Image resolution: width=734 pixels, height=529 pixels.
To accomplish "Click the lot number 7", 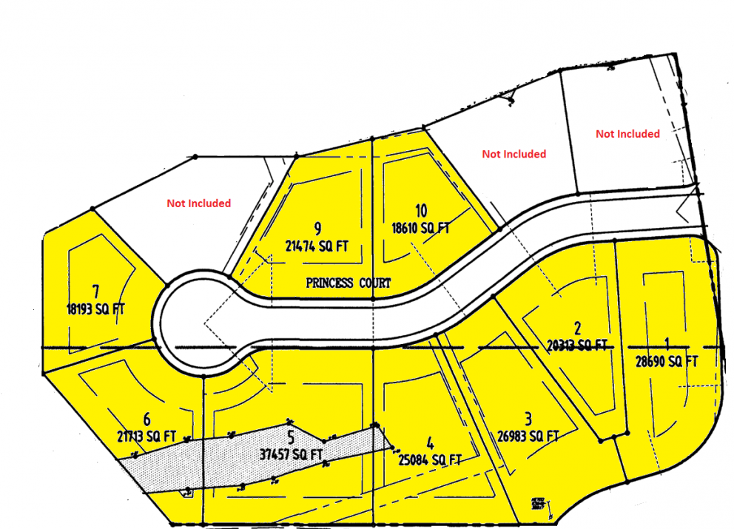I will click(x=95, y=289).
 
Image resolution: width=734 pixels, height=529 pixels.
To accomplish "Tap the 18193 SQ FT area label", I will click(x=95, y=309).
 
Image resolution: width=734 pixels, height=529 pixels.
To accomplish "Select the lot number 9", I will click(x=317, y=226).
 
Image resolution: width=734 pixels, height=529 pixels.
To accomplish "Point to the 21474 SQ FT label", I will click(x=317, y=245).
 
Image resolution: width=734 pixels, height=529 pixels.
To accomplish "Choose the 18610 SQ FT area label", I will click(x=420, y=229).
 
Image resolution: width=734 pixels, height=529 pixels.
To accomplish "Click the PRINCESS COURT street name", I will click(x=349, y=283).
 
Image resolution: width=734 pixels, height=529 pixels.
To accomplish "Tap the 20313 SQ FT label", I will click(x=577, y=345).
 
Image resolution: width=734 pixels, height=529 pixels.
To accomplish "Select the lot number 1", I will click(x=667, y=343).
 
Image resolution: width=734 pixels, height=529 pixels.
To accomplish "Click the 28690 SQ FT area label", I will click(x=667, y=361).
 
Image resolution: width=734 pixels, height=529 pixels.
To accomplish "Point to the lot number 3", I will click(x=528, y=419).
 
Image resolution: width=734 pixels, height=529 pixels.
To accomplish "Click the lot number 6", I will click(x=147, y=418).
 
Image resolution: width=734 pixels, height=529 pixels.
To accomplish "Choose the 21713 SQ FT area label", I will click(x=147, y=436).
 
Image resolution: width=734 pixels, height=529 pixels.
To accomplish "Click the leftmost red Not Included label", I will click(x=198, y=203).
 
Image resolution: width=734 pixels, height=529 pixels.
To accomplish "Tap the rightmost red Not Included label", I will click(x=627, y=134).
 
